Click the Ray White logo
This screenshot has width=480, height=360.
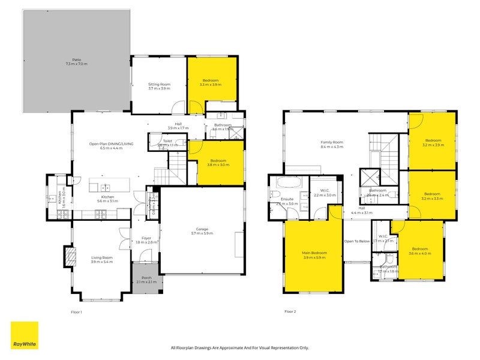pyautogui.click(x=25, y=335)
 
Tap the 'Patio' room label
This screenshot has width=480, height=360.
pyautogui.click(x=76, y=60)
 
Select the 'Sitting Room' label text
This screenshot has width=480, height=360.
pyautogui.click(x=159, y=85)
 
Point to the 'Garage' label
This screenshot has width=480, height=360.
pyautogui.click(x=202, y=229)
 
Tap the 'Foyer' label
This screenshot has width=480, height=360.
pyautogui.click(x=146, y=238)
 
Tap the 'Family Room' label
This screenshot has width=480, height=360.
pyautogui.click(x=331, y=142)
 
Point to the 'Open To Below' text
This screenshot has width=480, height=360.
pyautogui.click(x=356, y=241)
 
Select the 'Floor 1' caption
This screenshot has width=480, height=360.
pyautogui.click(x=76, y=311)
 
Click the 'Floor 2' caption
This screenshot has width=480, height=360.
pyautogui.click(x=290, y=311)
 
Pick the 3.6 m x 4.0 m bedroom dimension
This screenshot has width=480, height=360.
pyautogui.click(x=419, y=253)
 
